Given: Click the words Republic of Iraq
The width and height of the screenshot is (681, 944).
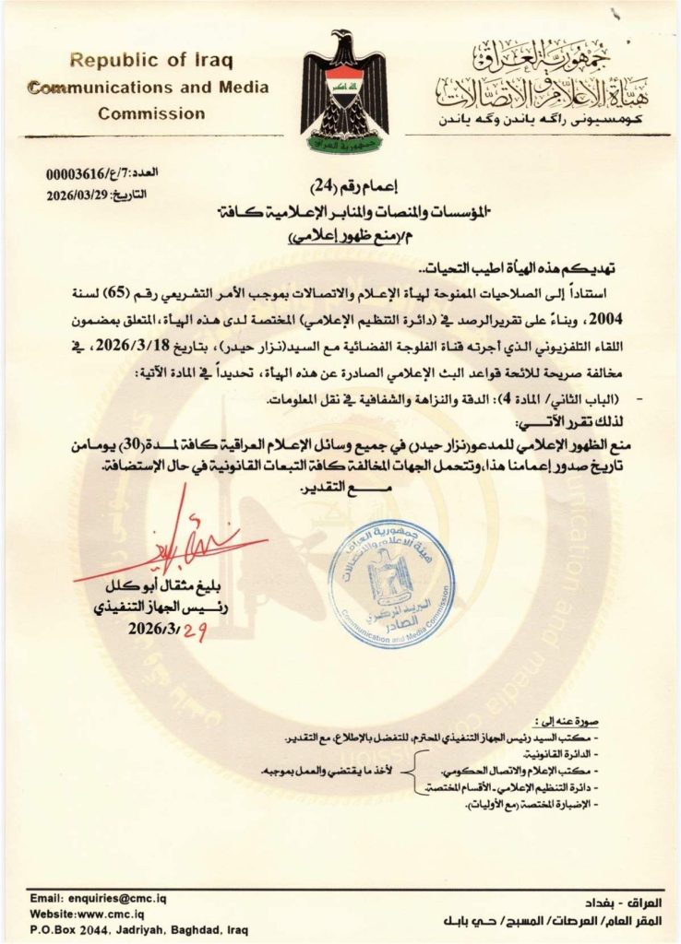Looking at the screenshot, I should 151,61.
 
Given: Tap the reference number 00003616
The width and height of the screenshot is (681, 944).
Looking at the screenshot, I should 76,173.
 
